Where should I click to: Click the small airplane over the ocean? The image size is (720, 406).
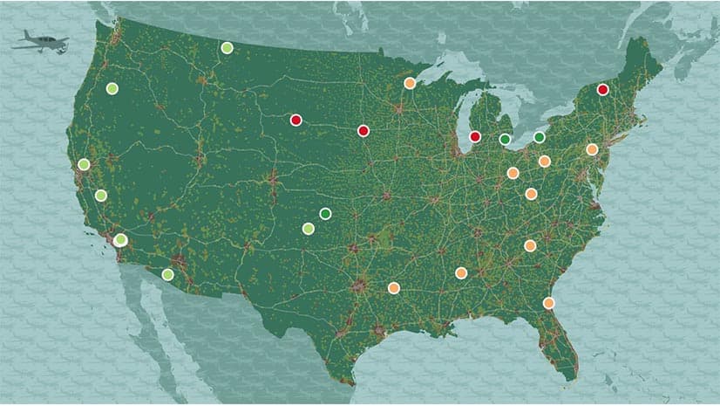coord(40,41)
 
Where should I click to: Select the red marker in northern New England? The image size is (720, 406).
coord(602,89)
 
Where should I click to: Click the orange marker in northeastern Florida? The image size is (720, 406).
coord(548,303)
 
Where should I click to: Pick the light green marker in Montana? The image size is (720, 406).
coord(227,48)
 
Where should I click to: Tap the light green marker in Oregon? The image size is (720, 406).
coord(112,88)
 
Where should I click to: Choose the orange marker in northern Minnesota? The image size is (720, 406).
coord(410,84)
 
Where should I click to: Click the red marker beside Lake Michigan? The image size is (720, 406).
coord(475,136)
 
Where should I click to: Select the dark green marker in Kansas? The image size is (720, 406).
coord(325,213)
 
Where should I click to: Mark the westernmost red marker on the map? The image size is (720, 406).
coord(295,120)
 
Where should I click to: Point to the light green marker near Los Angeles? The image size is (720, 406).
coord(120,240)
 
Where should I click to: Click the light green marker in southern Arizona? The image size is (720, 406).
coord(167,274)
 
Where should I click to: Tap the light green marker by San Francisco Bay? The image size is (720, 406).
coord(84,164)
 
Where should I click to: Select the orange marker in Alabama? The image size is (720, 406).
coord(461,273)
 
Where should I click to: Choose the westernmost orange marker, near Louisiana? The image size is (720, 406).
coord(393,287)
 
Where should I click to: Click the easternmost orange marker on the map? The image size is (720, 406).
coord(592,149)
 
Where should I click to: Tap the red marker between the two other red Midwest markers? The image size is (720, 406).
coord(363,131)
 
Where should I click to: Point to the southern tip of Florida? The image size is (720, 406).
coord(571,377)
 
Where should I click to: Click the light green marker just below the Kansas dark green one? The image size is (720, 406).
coord(308,229)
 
